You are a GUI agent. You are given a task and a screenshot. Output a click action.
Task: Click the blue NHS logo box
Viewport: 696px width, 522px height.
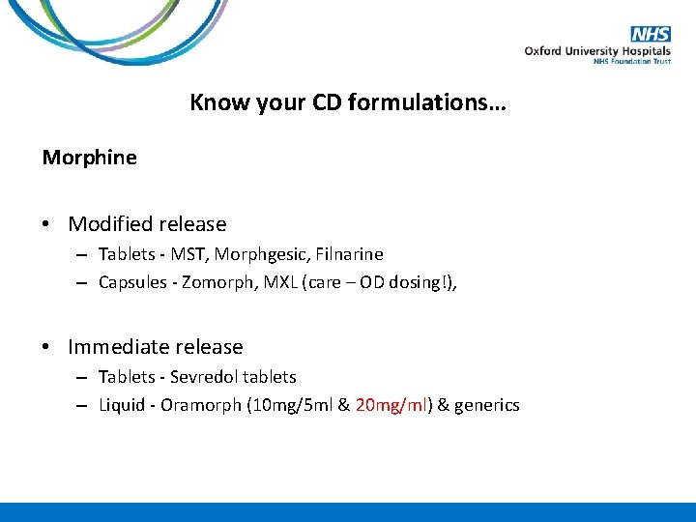pos(651,35)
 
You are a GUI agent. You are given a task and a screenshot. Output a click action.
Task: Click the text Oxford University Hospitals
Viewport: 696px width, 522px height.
pos(596,51)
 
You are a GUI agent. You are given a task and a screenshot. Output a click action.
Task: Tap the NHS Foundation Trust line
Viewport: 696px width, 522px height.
pos(631,62)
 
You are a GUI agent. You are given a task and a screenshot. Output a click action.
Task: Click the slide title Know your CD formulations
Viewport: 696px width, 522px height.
pos(347,102)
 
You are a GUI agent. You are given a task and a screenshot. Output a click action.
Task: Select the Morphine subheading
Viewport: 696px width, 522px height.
pos(89,157)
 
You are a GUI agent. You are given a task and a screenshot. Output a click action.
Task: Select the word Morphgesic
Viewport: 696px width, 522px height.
pos(253,254)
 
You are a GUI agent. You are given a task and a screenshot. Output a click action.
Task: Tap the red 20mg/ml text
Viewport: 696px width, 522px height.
pos(391,405)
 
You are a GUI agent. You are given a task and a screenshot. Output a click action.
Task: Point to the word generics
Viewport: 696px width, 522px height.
pos(487,405)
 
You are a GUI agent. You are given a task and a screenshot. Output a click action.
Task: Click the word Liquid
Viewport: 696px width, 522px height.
pos(121,405)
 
